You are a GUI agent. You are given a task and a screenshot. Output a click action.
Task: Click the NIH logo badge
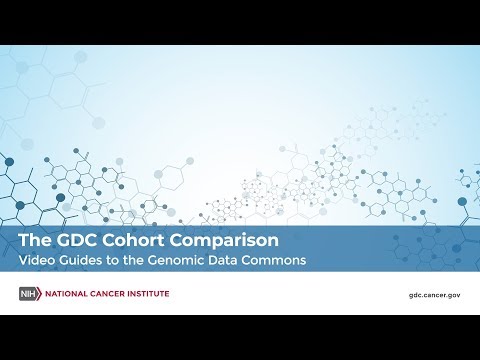coord(29,294)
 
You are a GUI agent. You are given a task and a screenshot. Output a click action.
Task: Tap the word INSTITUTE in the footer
coord(151,294)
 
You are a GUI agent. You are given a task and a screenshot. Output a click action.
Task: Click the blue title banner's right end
coord(470,250)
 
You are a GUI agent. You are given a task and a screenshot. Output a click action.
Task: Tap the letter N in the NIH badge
coord(24,294)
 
